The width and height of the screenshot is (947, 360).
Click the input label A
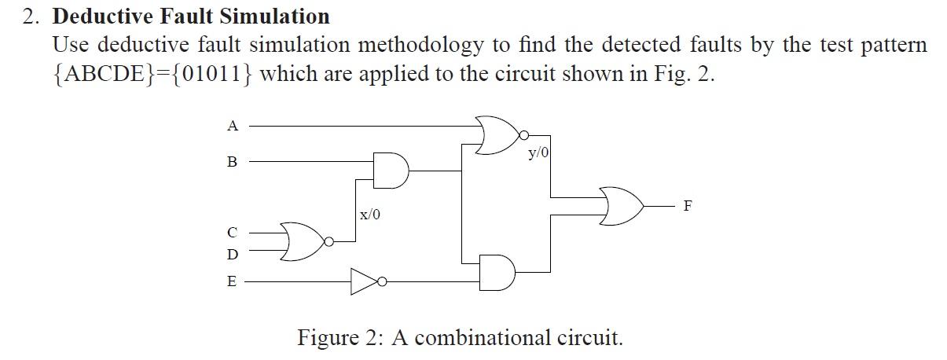(x=231, y=125)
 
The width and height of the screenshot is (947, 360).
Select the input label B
(x=231, y=162)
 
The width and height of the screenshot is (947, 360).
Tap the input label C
(x=231, y=232)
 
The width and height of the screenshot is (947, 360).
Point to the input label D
(x=231, y=255)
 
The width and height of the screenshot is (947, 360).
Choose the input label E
(x=231, y=281)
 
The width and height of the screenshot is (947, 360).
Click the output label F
(x=688, y=206)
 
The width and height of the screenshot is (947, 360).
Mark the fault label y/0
(x=538, y=154)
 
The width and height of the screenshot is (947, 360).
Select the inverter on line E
(x=364, y=281)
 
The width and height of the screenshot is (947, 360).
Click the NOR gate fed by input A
(x=494, y=134)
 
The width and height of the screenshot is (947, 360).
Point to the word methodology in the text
(x=421, y=44)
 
